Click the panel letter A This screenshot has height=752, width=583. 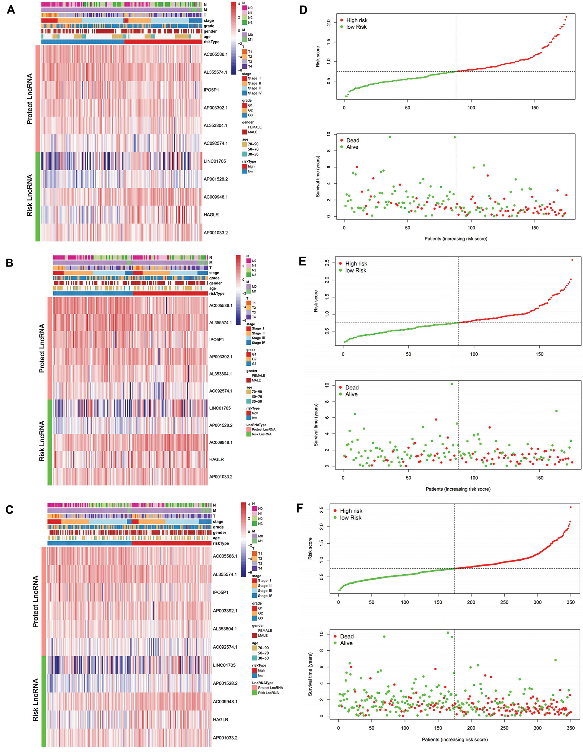(x=11, y=10)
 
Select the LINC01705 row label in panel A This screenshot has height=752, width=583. (x=215, y=161)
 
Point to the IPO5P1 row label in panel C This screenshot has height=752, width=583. (x=221, y=592)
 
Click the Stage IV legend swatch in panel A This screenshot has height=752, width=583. (x=244, y=93)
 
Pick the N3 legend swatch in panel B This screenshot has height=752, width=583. (x=248, y=275)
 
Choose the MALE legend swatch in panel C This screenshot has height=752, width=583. (x=255, y=635)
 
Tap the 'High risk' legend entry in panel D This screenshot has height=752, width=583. (x=357, y=20)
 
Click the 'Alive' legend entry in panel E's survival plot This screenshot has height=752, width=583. (x=351, y=394)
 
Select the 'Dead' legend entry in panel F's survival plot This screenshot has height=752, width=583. (x=347, y=636)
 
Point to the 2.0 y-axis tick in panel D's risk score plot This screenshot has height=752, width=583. (x=328, y=22)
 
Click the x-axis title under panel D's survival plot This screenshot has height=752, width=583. (x=456, y=238)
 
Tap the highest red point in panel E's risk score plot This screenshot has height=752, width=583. (x=572, y=260)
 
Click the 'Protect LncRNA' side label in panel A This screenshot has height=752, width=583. (x=30, y=99)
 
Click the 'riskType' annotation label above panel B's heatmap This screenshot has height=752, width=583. (x=216, y=294)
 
